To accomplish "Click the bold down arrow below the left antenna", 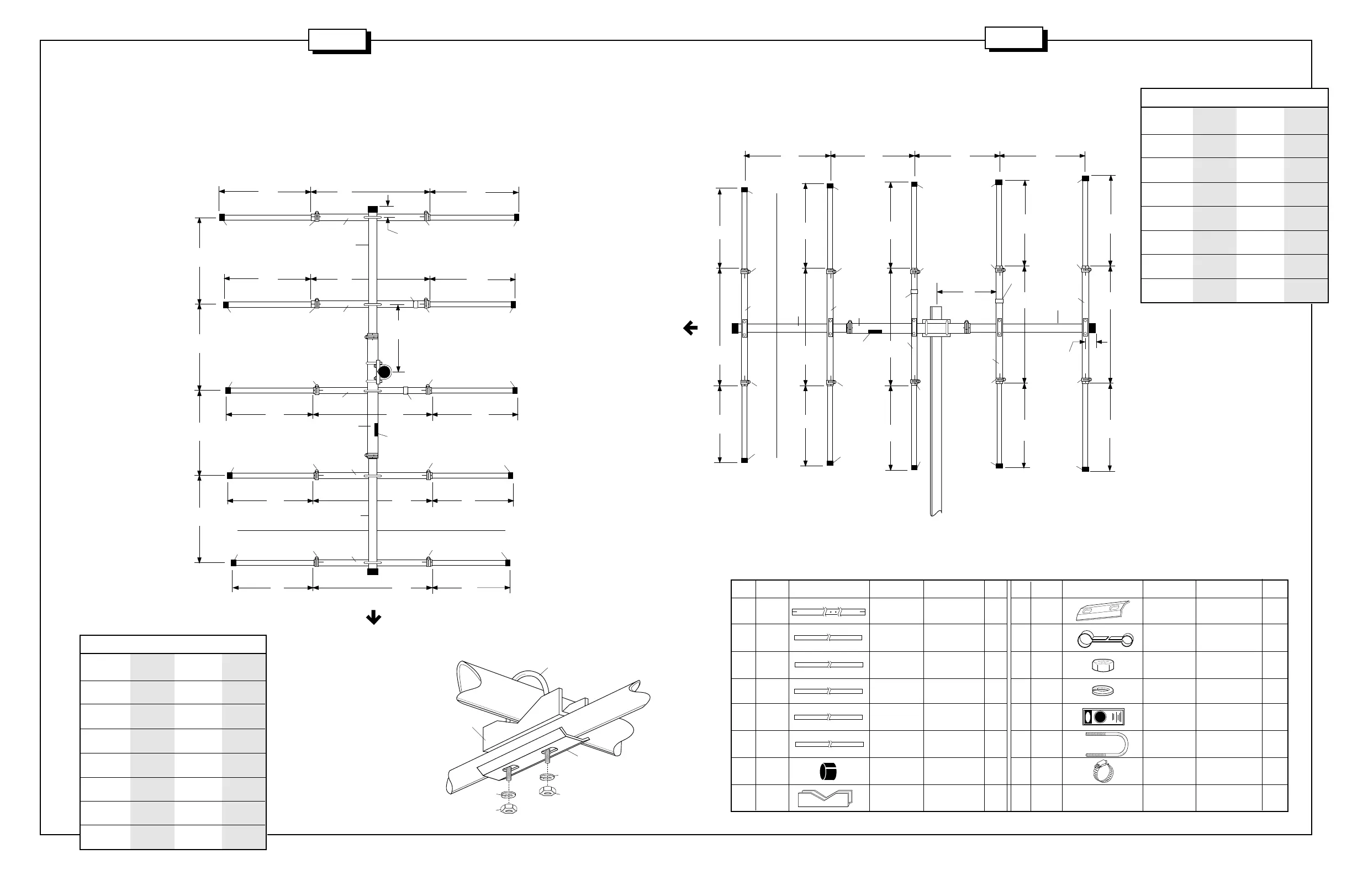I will tap(373, 618).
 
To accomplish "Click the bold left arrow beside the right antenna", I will tap(690, 328).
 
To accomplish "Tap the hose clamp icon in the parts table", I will tap(1103, 772).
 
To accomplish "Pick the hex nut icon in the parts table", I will tap(1102, 665).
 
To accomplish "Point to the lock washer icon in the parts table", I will tap(1102, 691).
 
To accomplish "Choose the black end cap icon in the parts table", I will tap(829, 772).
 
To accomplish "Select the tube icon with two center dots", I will tap(829, 612).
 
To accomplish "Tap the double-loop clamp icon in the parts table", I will tap(1106, 640).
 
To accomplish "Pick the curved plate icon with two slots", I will tap(1102, 612).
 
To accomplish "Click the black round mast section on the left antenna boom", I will tap(384, 372).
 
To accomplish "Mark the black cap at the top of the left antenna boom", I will tap(373, 209).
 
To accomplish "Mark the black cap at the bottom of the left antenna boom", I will tap(373, 571).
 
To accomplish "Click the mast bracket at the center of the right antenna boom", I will tap(936, 328).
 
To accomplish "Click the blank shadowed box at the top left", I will tap(337, 40).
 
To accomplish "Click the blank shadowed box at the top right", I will tap(1014, 38).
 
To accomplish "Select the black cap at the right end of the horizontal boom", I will tap(1092, 328).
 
